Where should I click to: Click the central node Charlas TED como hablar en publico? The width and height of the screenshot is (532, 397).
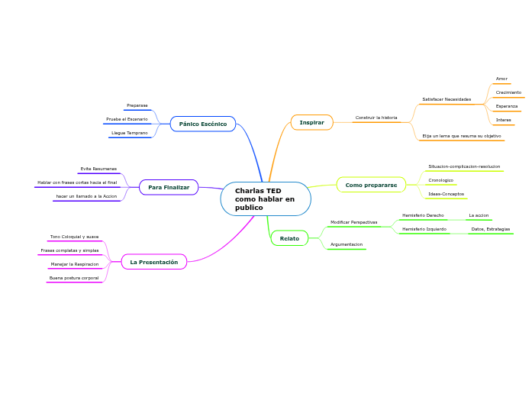pos(265,199)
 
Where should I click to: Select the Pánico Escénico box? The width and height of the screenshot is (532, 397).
pos(203,124)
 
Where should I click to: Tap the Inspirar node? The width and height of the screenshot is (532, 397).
pos(311,122)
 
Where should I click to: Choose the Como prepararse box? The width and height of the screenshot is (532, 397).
pos(371,185)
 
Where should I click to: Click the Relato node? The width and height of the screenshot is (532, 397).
pos(289,239)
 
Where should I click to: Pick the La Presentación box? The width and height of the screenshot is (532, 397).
pos(153,262)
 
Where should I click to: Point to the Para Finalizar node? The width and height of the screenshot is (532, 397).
pos(169,187)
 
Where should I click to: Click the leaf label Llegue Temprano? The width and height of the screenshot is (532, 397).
pos(130,133)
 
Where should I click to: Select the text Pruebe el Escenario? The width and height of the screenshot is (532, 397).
pos(127,119)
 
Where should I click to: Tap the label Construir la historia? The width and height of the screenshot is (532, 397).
pos(376,118)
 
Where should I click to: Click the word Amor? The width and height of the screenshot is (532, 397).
pos(501,79)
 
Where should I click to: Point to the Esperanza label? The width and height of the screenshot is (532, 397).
pos(506,106)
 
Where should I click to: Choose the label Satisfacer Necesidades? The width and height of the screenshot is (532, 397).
pos(447,99)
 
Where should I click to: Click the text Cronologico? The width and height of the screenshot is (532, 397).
pos(441,180)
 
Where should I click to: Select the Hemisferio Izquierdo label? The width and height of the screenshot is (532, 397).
pos(424,229)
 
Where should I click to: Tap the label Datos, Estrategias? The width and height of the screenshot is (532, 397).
pos(490,229)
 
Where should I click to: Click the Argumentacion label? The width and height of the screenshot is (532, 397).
pos(347,244)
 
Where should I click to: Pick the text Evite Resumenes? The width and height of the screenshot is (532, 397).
pos(98,169)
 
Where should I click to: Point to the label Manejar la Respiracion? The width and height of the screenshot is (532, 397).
pos(75,264)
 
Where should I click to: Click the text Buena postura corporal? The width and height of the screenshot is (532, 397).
pos(75,278)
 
